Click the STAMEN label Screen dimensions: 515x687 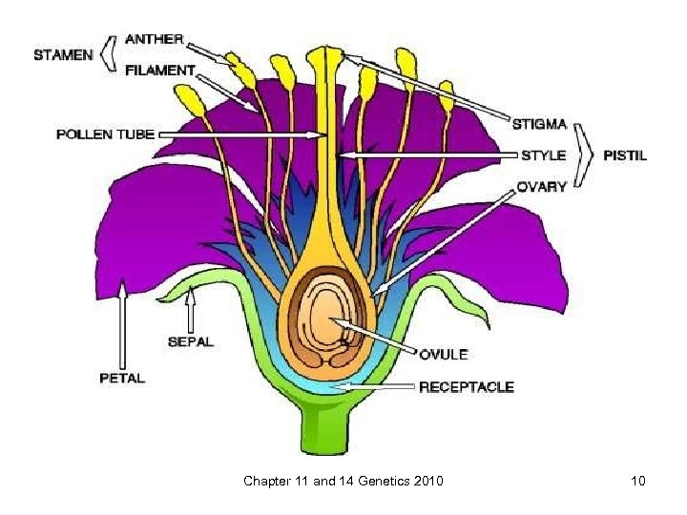click(x=63, y=54)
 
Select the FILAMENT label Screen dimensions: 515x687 click(x=159, y=70)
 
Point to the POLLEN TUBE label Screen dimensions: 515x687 click(x=105, y=134)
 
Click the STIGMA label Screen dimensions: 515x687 click(x=540, y=123)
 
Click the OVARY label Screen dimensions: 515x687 click(x=540, y=186)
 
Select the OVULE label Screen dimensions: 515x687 click(x=443, y=354)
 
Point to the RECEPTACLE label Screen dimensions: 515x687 click(x=467, y=386)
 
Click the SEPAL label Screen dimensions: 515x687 click(x=192, y=340)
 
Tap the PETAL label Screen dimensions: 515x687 click(x=122, y=378)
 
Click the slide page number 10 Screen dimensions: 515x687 click(x=637, y=481)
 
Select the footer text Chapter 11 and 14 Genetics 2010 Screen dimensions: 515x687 click(x=343, y=481)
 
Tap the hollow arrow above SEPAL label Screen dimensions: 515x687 click(x=191, y=306)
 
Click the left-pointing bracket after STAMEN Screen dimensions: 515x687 click(x=110, y=54)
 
